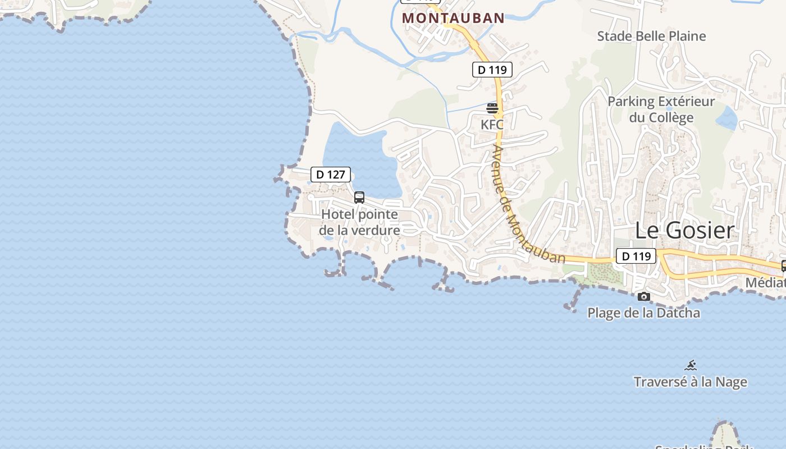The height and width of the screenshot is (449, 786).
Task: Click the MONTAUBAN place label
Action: [453, 18]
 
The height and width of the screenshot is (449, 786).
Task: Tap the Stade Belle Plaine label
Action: [651, 36]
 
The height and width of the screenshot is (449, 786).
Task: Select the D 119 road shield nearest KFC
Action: [492, 70]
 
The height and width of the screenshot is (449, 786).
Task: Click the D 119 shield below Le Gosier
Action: [636, 256]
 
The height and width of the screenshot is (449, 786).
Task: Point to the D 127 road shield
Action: [330, 175]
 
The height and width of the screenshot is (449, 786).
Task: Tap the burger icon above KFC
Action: [492, 108]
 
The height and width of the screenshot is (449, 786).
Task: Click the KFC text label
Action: [492, 125]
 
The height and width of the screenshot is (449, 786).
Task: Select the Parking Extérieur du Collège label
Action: [661, 109]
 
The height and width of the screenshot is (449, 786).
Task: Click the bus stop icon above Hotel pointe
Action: [359, 198]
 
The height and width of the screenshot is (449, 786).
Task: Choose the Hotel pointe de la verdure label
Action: [359, 222]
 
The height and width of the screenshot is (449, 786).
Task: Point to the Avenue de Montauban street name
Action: [527, 204]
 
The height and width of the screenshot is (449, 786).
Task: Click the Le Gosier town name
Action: [684, 231]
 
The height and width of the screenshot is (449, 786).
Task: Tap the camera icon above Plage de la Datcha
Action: [643, 296]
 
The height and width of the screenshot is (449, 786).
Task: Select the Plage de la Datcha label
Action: [643, 313]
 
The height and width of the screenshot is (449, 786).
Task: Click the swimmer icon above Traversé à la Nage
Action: [691, 366]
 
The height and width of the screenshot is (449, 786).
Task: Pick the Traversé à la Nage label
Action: [690, 382]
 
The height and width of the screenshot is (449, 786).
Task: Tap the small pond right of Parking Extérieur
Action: [727, 118]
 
